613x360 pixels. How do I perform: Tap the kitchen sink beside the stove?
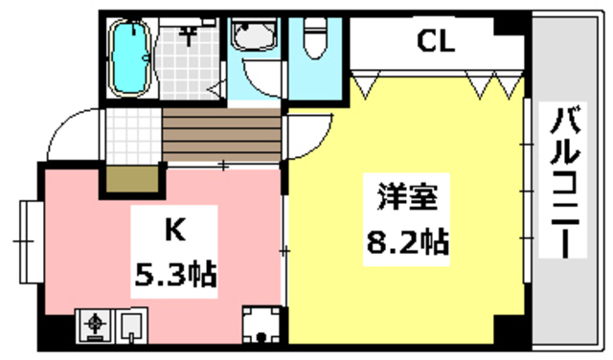click(x=131, y=326)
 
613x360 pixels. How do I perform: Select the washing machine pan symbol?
click(x=260, y=327)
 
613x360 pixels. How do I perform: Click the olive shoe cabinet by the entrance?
click(x=131, y=180)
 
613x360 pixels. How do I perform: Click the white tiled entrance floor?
click(x=131, y=136)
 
